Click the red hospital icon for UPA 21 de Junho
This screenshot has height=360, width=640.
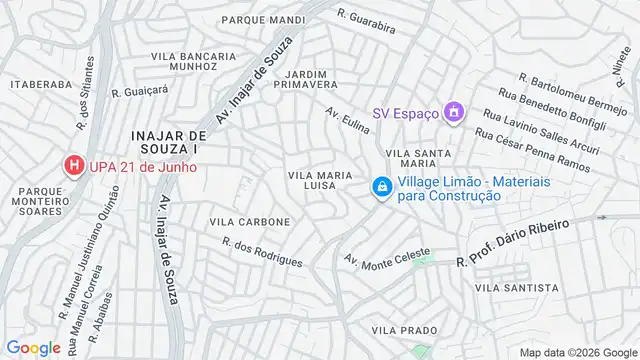(x=74, y=164)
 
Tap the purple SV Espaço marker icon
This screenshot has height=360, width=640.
(x=454, y=112)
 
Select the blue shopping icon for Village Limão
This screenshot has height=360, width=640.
(x=382, y=187)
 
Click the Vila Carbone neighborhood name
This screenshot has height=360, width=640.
(x=250, y=221)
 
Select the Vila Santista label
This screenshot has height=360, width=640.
(x=517, y=287)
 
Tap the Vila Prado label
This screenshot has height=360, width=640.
(x=405, y=329)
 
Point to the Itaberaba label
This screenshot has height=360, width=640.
(x=38, y=86)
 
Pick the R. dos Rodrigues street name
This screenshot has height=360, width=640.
(x=262, y=252)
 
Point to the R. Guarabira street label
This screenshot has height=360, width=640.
(x=367, y=20)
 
